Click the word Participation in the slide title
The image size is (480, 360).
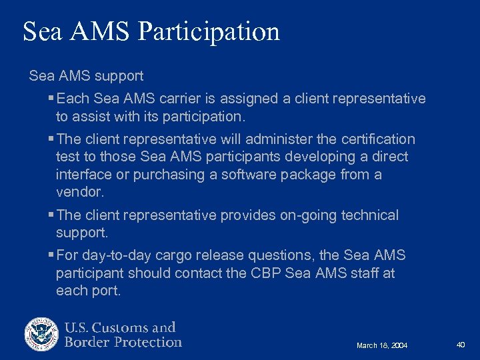(x=210, y=32)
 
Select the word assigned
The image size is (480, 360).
(x=251, y=99)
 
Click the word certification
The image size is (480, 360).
(x=378, y=139)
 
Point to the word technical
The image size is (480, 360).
(x=370, y=215)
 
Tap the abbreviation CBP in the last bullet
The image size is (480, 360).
(x=268, y=273)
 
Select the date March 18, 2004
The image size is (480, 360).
(x=382, y=345)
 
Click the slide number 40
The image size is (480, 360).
(x=461, y=344)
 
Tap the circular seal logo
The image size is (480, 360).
(x=42, y=335)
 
